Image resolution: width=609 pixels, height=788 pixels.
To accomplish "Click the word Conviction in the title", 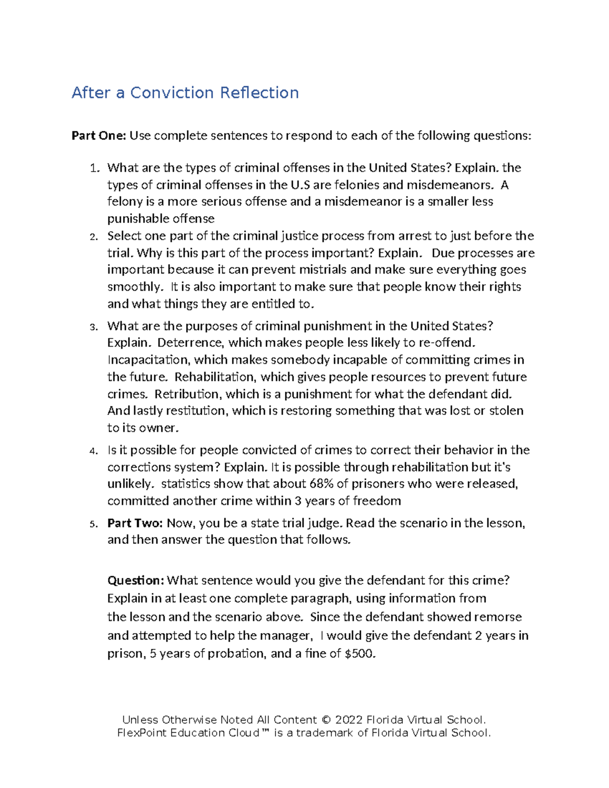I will (172, 93).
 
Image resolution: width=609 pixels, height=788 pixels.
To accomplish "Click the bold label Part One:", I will (98, 135).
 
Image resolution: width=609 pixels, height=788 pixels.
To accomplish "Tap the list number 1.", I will (93, 168).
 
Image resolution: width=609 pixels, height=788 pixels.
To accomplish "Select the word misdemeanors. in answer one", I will (450, 185).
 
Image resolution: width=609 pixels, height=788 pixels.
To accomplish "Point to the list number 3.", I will (93, 327).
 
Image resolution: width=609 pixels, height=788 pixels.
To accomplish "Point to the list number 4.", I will (93, 451).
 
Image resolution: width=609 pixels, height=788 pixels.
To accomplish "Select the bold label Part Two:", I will (135, 523).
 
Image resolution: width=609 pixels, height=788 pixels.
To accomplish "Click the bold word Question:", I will (136, 580).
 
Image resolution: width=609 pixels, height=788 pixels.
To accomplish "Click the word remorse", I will (497, 617).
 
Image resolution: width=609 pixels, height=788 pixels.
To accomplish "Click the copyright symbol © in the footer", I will (326, 720).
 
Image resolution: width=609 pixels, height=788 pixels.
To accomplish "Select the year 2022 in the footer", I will (349, 720).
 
